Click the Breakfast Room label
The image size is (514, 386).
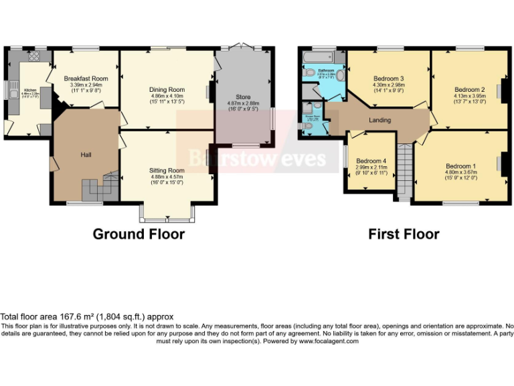(86, 78)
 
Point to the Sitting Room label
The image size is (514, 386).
(167, 171)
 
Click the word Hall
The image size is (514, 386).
(86, 155)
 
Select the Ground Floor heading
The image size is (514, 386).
(139, 234)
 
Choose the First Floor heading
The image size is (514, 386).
(404, 234)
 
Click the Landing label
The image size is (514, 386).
(379, 120)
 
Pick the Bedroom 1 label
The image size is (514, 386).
(460, 166)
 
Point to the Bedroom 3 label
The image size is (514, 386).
(388, 78)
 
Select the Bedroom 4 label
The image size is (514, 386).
(371, 161)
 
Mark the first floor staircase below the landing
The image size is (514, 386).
(405, 171)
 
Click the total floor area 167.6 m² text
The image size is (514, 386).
(87, 317)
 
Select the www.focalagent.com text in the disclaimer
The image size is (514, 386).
(329, 340)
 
